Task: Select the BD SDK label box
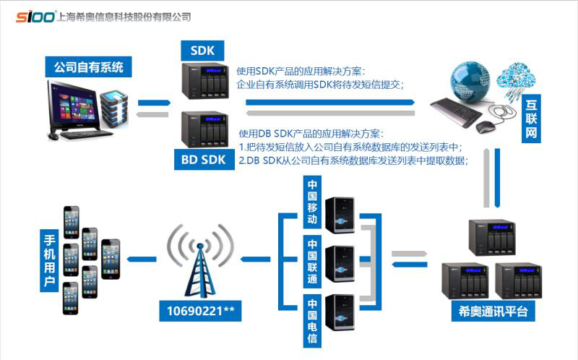(203, 159)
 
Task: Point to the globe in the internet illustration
(470, 80)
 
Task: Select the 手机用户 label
(49, 260)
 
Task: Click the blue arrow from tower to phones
(141, 258)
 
